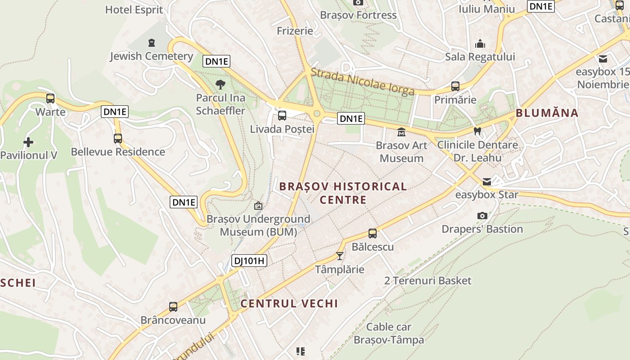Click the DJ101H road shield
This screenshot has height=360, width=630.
[249, 260]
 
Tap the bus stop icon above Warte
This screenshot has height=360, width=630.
[50, 98]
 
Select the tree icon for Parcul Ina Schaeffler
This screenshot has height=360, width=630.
[220, 84]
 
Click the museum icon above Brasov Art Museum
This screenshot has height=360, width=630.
[401, 132]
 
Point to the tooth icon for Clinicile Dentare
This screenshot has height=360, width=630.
[477, 131]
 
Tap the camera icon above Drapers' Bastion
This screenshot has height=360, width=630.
[482, 216]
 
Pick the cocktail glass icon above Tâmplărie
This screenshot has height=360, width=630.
[340, 256]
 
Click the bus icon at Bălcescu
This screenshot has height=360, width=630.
[373, 234]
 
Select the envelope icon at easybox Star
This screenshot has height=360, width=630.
[487, 182]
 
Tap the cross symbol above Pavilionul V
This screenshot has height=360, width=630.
[28, 142]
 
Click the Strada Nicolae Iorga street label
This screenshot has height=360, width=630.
[362, 81]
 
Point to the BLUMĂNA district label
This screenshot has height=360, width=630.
[547, 113]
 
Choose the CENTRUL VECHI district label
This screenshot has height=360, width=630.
[289, 303]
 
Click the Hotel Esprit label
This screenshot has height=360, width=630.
[134, 9]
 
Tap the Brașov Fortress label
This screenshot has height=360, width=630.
[358, 15]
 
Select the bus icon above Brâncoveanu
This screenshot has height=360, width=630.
[173, 307]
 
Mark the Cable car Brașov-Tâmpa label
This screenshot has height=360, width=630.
[389, 333]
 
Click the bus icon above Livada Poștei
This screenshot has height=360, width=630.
[282, 116]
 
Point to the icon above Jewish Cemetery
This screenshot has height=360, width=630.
[152, 43]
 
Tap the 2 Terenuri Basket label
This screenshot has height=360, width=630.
[427, 281]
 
